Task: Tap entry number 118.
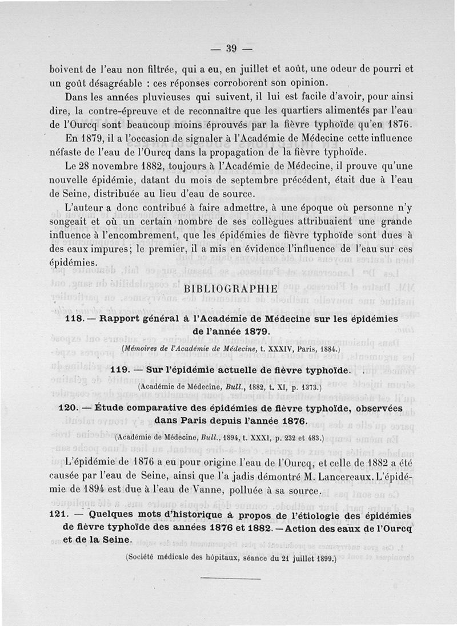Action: pyautogui.click(x=77, y=319)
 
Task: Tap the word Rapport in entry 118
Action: pyautogui.click(x=123, y=319)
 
